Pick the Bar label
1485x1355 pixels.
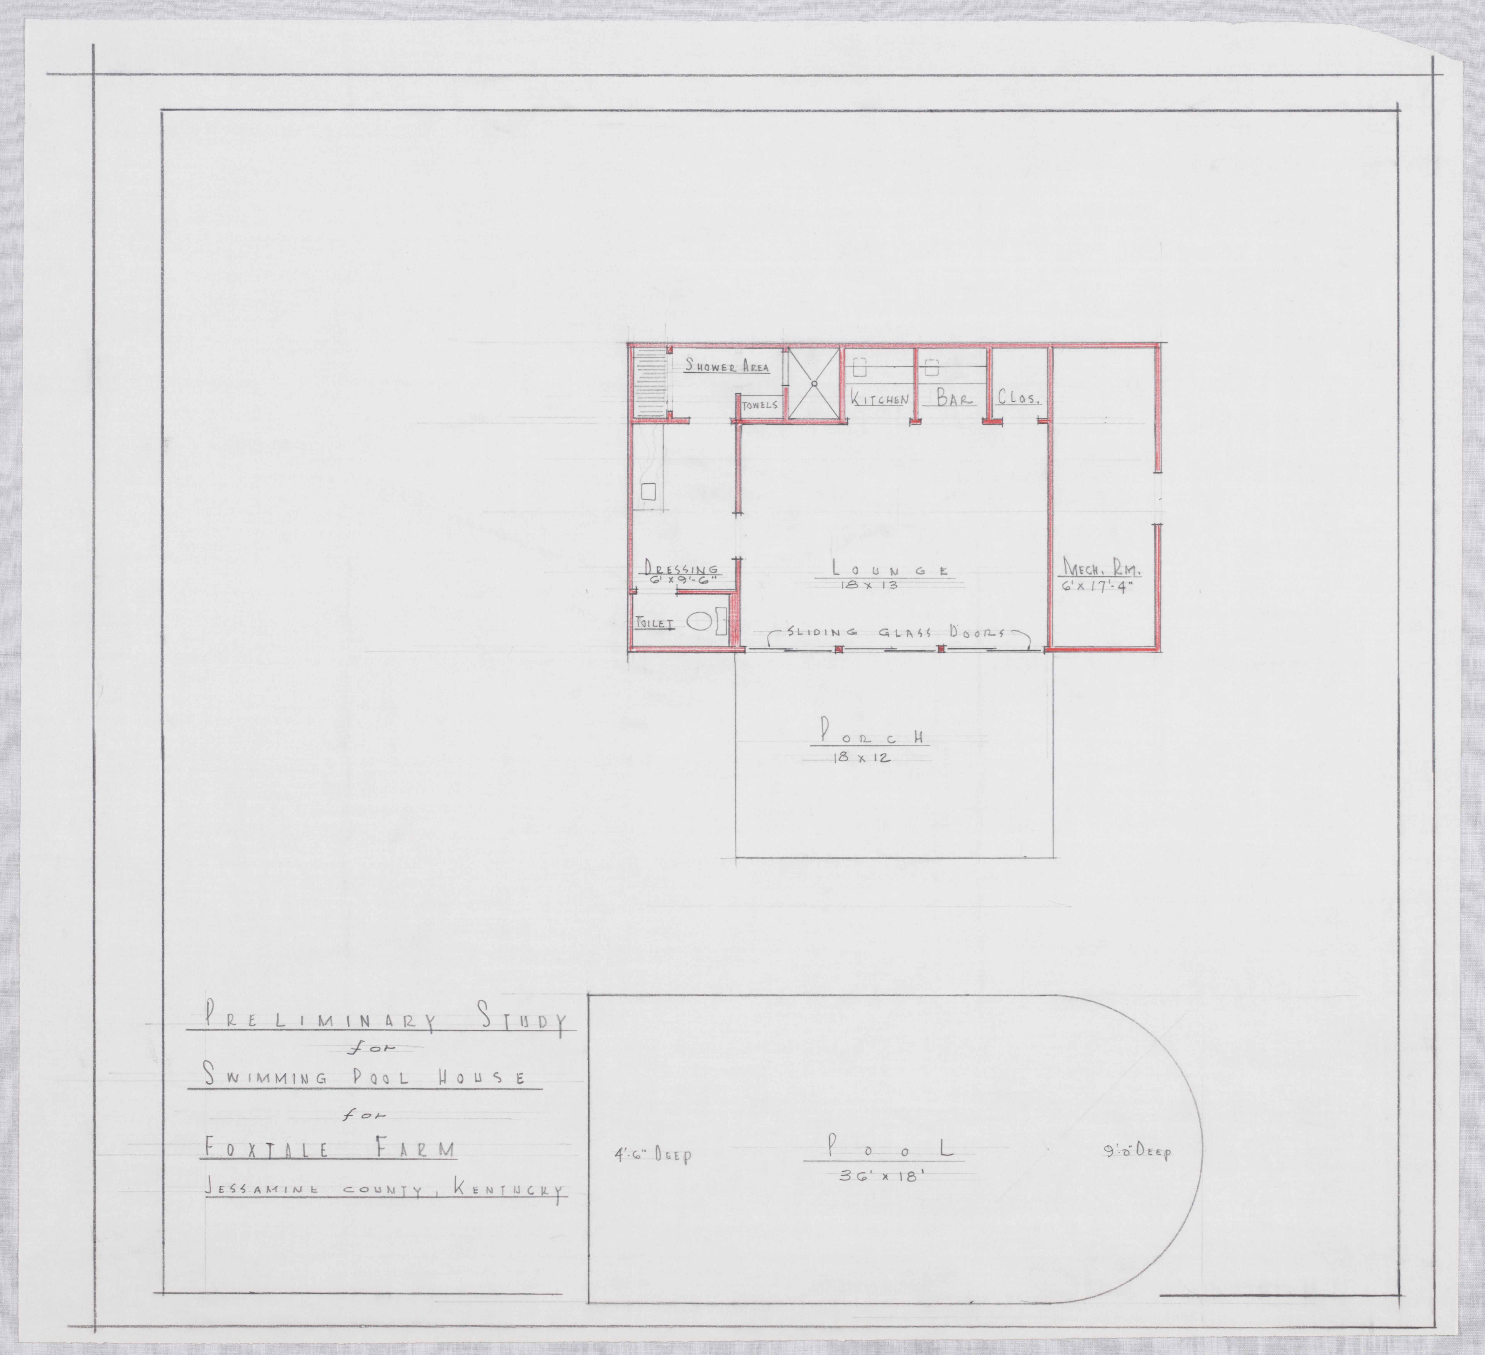tap(955, 398)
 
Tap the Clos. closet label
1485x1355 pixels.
tap(1018, 398)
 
